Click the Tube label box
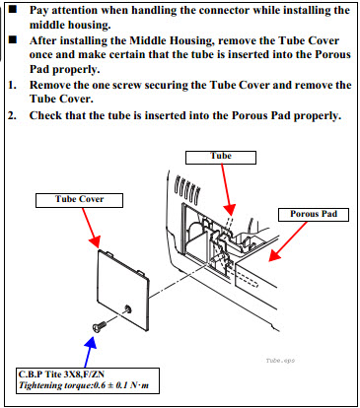221,158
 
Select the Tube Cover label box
79,200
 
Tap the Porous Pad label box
314,215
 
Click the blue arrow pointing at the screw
89,353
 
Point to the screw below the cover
99,326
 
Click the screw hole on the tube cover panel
127,308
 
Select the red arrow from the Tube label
227,189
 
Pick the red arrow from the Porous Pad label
288,241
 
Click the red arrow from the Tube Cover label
91,228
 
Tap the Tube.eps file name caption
280,361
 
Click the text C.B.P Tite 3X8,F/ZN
61,374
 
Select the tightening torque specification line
84,385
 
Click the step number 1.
12,85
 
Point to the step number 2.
12,115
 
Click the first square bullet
13,9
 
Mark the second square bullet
13,39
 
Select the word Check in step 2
45,115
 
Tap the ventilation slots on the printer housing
186,188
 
